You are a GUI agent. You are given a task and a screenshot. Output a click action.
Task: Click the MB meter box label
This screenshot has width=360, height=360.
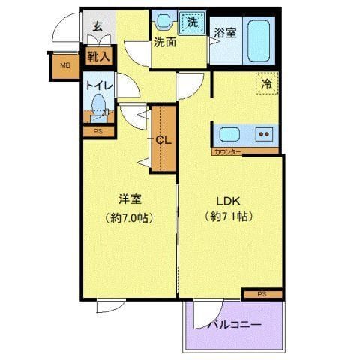tap(65, 65)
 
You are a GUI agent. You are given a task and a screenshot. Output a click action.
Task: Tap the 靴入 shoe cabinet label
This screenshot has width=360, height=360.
tap(98, 56)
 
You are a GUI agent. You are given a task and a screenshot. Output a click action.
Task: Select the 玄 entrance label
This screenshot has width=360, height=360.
tap(97, 26)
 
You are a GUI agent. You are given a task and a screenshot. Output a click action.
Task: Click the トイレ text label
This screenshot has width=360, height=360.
tap(99, 85)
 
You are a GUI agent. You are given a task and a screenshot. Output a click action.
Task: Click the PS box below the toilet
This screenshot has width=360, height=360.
tap(98, 131)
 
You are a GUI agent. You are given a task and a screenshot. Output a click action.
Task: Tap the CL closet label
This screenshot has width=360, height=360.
tap(163, 140)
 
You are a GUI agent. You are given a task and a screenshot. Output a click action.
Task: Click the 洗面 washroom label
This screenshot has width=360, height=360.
tap(165, 43)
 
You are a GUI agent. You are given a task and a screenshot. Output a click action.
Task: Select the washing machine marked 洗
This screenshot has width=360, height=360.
tap(192, 23)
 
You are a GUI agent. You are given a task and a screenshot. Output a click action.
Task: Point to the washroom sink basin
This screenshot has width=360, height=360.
tap(163, 21)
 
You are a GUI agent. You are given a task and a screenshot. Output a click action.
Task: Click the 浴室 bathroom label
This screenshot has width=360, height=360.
tap(225, 33)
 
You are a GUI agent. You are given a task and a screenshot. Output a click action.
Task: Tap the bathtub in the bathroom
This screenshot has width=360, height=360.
tap(259, 41)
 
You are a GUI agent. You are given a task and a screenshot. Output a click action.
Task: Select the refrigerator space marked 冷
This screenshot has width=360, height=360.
tap(267, 83)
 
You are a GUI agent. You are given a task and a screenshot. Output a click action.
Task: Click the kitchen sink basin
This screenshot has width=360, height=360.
tap(229, 135)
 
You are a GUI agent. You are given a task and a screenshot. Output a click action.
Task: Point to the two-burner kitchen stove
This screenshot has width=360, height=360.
tap(264, 134)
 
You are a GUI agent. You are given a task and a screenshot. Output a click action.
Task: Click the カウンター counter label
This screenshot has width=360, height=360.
tap(227, 152)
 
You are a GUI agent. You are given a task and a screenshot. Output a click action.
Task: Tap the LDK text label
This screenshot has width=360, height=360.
tap(228, 201)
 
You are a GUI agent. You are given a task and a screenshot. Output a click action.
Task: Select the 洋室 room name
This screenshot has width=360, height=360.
tap(130, 199)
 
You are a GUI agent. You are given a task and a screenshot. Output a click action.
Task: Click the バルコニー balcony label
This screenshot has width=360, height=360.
tap(235, 325)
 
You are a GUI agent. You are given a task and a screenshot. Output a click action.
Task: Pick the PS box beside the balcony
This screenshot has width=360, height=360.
tap(262, 294)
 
